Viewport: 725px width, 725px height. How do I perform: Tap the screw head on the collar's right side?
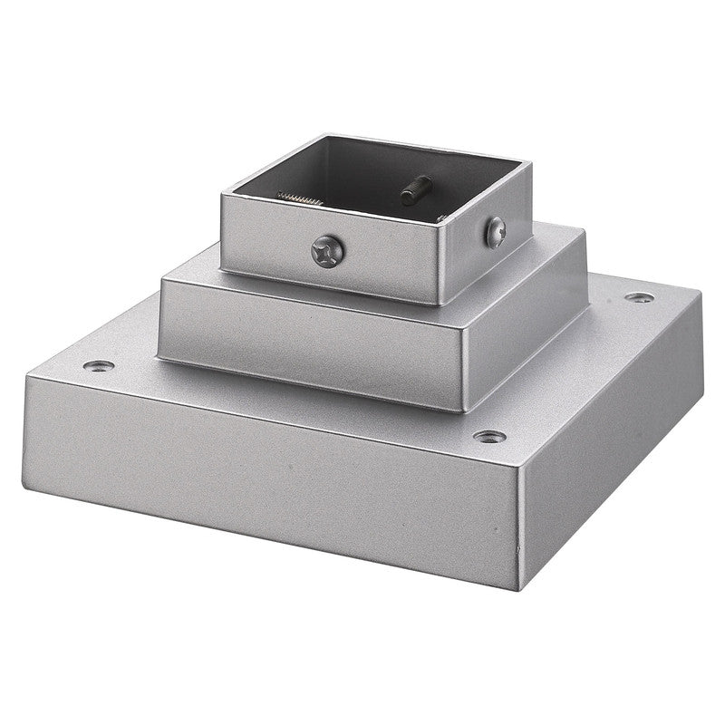pos(495,233)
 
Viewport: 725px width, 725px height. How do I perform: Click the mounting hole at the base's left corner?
pos(99,366)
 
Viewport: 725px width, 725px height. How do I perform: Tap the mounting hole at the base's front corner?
pos(489,436)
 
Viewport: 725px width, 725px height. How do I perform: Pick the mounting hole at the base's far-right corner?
pos(640,297)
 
